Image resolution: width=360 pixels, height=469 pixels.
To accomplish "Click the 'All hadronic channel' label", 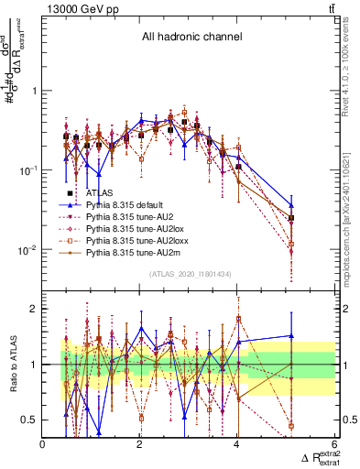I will pyautogui.click(x=191, y=38).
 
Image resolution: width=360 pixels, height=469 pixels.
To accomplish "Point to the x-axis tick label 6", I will pyautogui.click(x=334, y=444).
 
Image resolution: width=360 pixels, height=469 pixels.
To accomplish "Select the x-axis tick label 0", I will pyautogui.click(x=43, y=444).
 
